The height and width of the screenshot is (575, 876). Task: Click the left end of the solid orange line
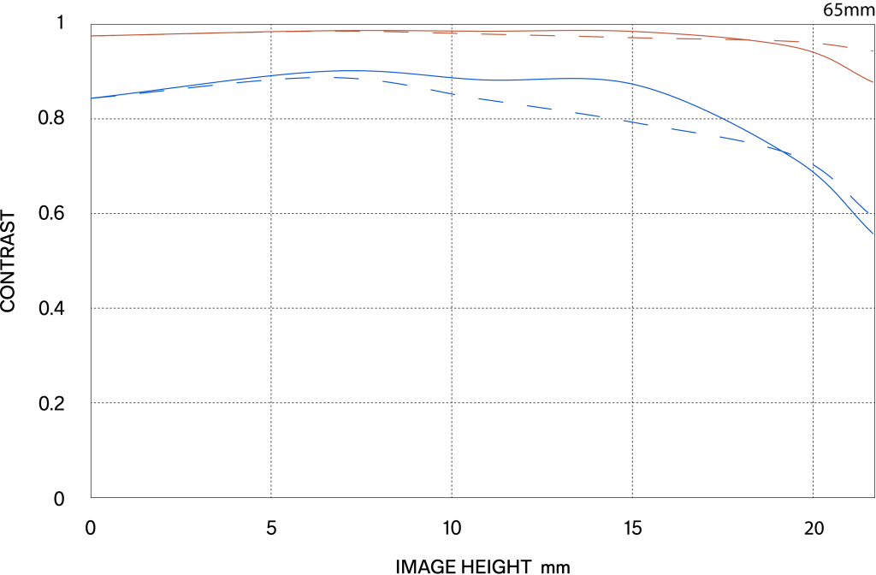pyautogui.click(x=92, y=36)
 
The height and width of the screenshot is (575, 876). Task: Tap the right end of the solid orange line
pyautogui.click(x=873, y=82)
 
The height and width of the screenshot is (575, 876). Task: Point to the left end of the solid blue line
pyautogui.click(x=92, y=98)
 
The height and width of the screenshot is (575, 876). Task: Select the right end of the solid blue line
pyautogui.click(x=873, y=232)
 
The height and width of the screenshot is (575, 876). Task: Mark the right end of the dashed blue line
pyautogui.click(x=868, y=212)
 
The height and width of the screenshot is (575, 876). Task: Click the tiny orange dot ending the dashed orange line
pyautogui.click(x=872, y=51)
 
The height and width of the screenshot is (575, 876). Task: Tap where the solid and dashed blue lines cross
pyautogui.click(x=780, y=151)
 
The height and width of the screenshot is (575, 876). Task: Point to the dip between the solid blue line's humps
pyautogui.click(x=496, y=80)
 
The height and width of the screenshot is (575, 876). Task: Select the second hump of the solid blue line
pyautogui.click(x=582, y=79)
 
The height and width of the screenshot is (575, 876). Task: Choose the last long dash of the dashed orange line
pyautogui.click(x=835, y=45)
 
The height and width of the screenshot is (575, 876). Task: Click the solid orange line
pyautogui.click(x=257, y=32)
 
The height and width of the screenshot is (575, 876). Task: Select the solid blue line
pyautogui.click(x=684, y=102)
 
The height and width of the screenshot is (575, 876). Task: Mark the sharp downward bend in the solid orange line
pyautogui.click(x=826, y=56)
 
